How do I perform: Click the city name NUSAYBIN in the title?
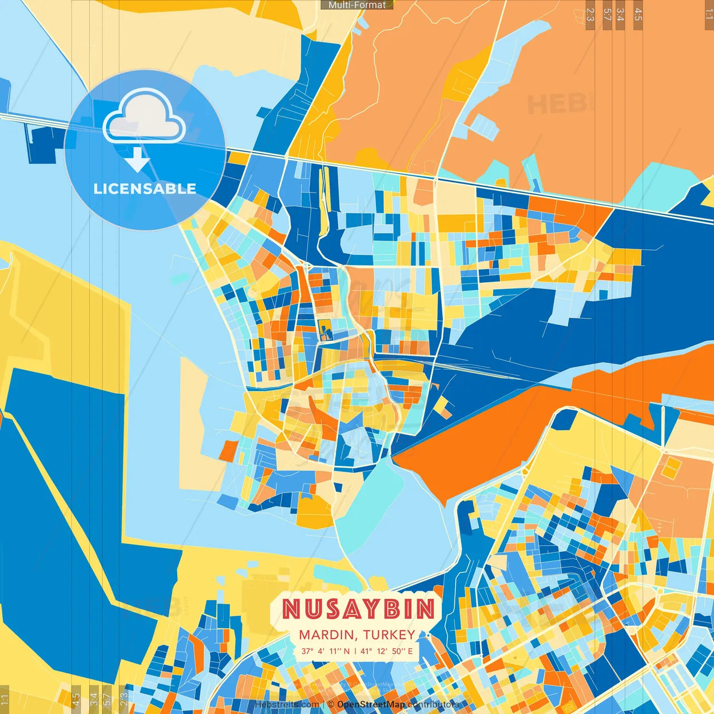click(358, 609)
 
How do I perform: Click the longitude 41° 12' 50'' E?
click(387, 651)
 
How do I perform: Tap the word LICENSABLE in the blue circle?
click(145, 189)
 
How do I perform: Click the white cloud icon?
click(144, 117)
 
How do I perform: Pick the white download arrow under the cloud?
click(137, 160)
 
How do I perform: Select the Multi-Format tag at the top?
click(357, 5)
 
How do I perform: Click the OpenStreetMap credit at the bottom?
click(371, 705)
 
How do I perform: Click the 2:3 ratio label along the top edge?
click(590, 15)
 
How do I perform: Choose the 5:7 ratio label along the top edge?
click(607, 15)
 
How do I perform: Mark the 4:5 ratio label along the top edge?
click(638, 15)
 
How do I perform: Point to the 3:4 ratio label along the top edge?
click(620, 15)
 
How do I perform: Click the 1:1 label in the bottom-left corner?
click(4, 698)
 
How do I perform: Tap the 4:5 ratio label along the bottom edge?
click(76, 698)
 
